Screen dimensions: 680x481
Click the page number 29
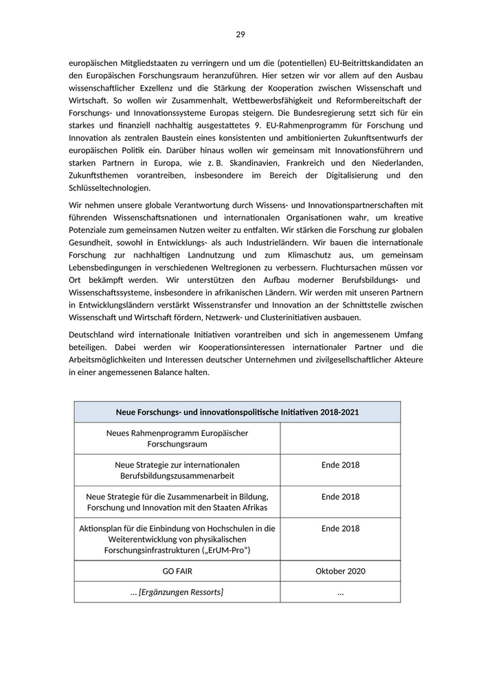coord(240,34)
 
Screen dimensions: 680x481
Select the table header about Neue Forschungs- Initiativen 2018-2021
coord(237,412)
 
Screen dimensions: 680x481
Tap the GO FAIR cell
coord(177,571)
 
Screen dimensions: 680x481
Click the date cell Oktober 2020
coord(340,571)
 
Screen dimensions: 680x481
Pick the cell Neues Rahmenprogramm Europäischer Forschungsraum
coord(177,438)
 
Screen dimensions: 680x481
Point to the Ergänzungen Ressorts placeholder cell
coord(177,592)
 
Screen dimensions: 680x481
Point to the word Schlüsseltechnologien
coord(110,188)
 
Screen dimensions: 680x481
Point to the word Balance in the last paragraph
coord(181,372)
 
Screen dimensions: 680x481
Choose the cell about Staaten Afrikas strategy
coord(177,501)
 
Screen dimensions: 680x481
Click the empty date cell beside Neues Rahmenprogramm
coord(340,438)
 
